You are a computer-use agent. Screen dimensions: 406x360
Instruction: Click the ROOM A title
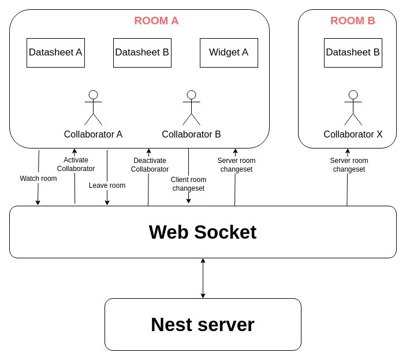coord(156,21)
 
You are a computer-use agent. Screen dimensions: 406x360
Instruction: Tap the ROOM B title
coord(353,21)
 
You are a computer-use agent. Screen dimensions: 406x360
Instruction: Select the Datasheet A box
coord(55,53)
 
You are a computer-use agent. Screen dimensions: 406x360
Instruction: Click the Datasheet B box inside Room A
coord(142,53)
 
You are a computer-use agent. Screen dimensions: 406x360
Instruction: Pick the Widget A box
coord(229,53)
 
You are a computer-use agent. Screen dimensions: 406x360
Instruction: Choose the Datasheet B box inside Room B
coord(353,53)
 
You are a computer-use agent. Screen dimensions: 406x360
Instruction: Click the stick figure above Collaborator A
coord(93,107)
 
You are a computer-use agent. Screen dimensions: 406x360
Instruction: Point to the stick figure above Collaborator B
coord(191,107)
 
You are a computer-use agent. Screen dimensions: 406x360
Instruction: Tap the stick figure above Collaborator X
coord(353,107)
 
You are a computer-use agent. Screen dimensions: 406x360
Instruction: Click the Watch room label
coord(38,179)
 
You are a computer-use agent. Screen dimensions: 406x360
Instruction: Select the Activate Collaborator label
coord(76,164)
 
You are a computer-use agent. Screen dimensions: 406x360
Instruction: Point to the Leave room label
coord(107,185)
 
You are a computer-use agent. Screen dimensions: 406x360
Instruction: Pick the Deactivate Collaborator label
coord(150,165)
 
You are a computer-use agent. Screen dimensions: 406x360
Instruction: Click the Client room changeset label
coord(188,184)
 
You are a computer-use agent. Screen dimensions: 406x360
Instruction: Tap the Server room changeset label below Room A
coord(236,165)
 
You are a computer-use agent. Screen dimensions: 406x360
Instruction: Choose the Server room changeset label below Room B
coord(349,165)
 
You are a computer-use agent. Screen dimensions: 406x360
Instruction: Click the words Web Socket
coord(203,232)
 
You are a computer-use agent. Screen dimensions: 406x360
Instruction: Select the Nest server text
coord(203,325)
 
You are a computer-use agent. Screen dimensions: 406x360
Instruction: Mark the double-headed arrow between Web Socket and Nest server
coord(203,278)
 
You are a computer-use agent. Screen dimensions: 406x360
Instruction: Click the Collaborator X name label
coord(353,135)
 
